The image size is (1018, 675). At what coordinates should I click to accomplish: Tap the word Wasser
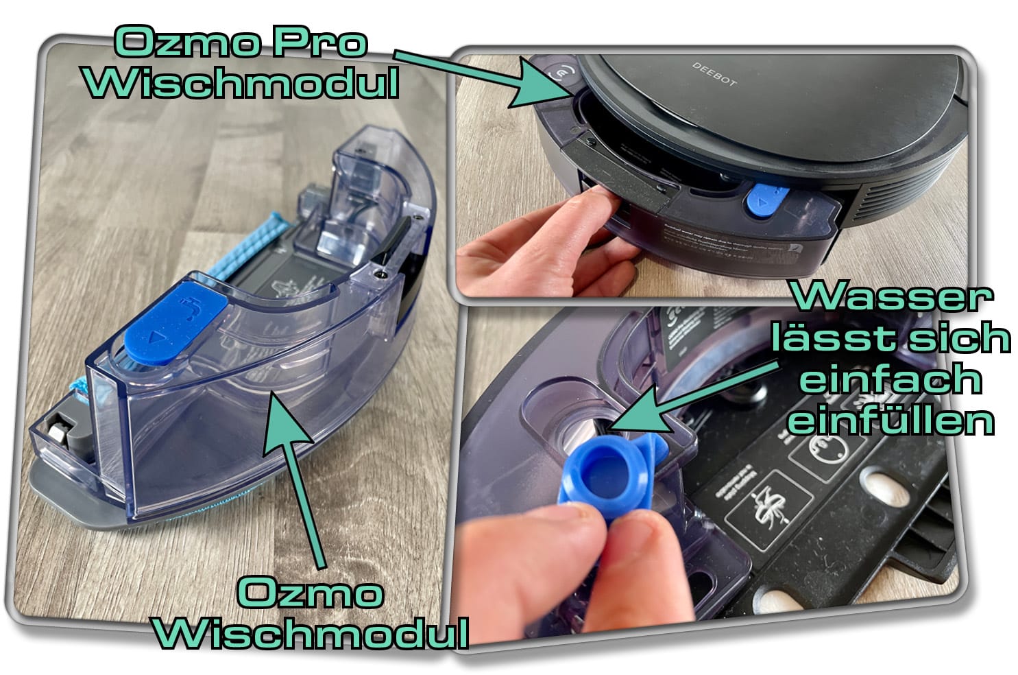tap(892, 298)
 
